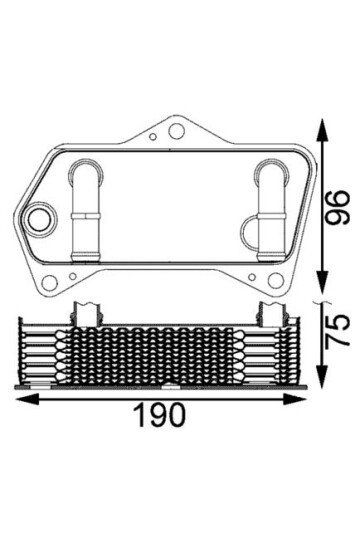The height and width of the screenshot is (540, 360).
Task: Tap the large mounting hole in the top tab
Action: coord(176,131)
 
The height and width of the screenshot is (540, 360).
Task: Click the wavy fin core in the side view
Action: coord(160,352)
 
